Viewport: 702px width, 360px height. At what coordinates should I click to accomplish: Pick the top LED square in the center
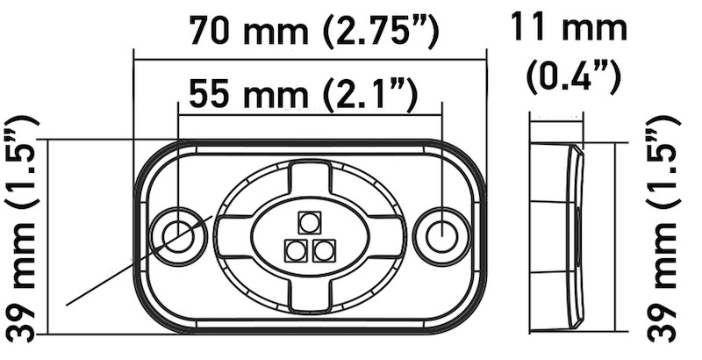309,222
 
